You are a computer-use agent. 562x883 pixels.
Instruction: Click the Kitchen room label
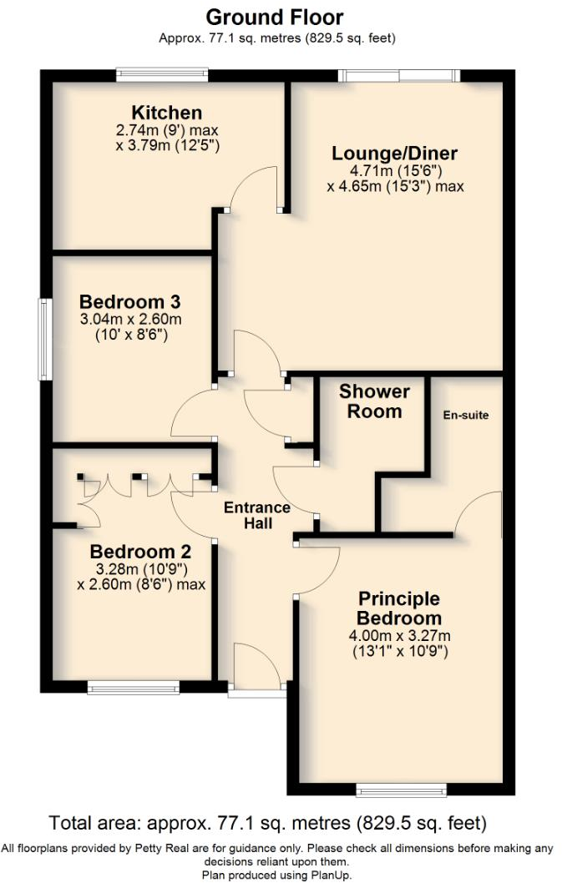(x=166, y=113)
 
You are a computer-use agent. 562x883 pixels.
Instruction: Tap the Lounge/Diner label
(x=394, y=154)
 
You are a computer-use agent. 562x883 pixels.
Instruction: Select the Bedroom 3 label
(x=130, y=301)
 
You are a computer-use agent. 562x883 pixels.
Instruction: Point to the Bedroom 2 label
(x=140, y=552)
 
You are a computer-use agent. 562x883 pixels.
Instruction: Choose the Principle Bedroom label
(x=398, y=608)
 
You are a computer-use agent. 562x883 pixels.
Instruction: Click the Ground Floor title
(x=274, y=17)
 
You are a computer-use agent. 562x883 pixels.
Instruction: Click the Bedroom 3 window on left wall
(x=44, y=340)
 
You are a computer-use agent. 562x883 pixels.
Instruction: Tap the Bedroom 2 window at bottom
(x=133, y=689)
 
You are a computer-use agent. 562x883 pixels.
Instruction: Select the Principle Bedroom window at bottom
(x=400, y=790)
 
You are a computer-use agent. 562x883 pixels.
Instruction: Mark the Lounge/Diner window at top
(x=399, y=75)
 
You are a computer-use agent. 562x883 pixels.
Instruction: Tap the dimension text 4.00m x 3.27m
(x=399, y=636)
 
